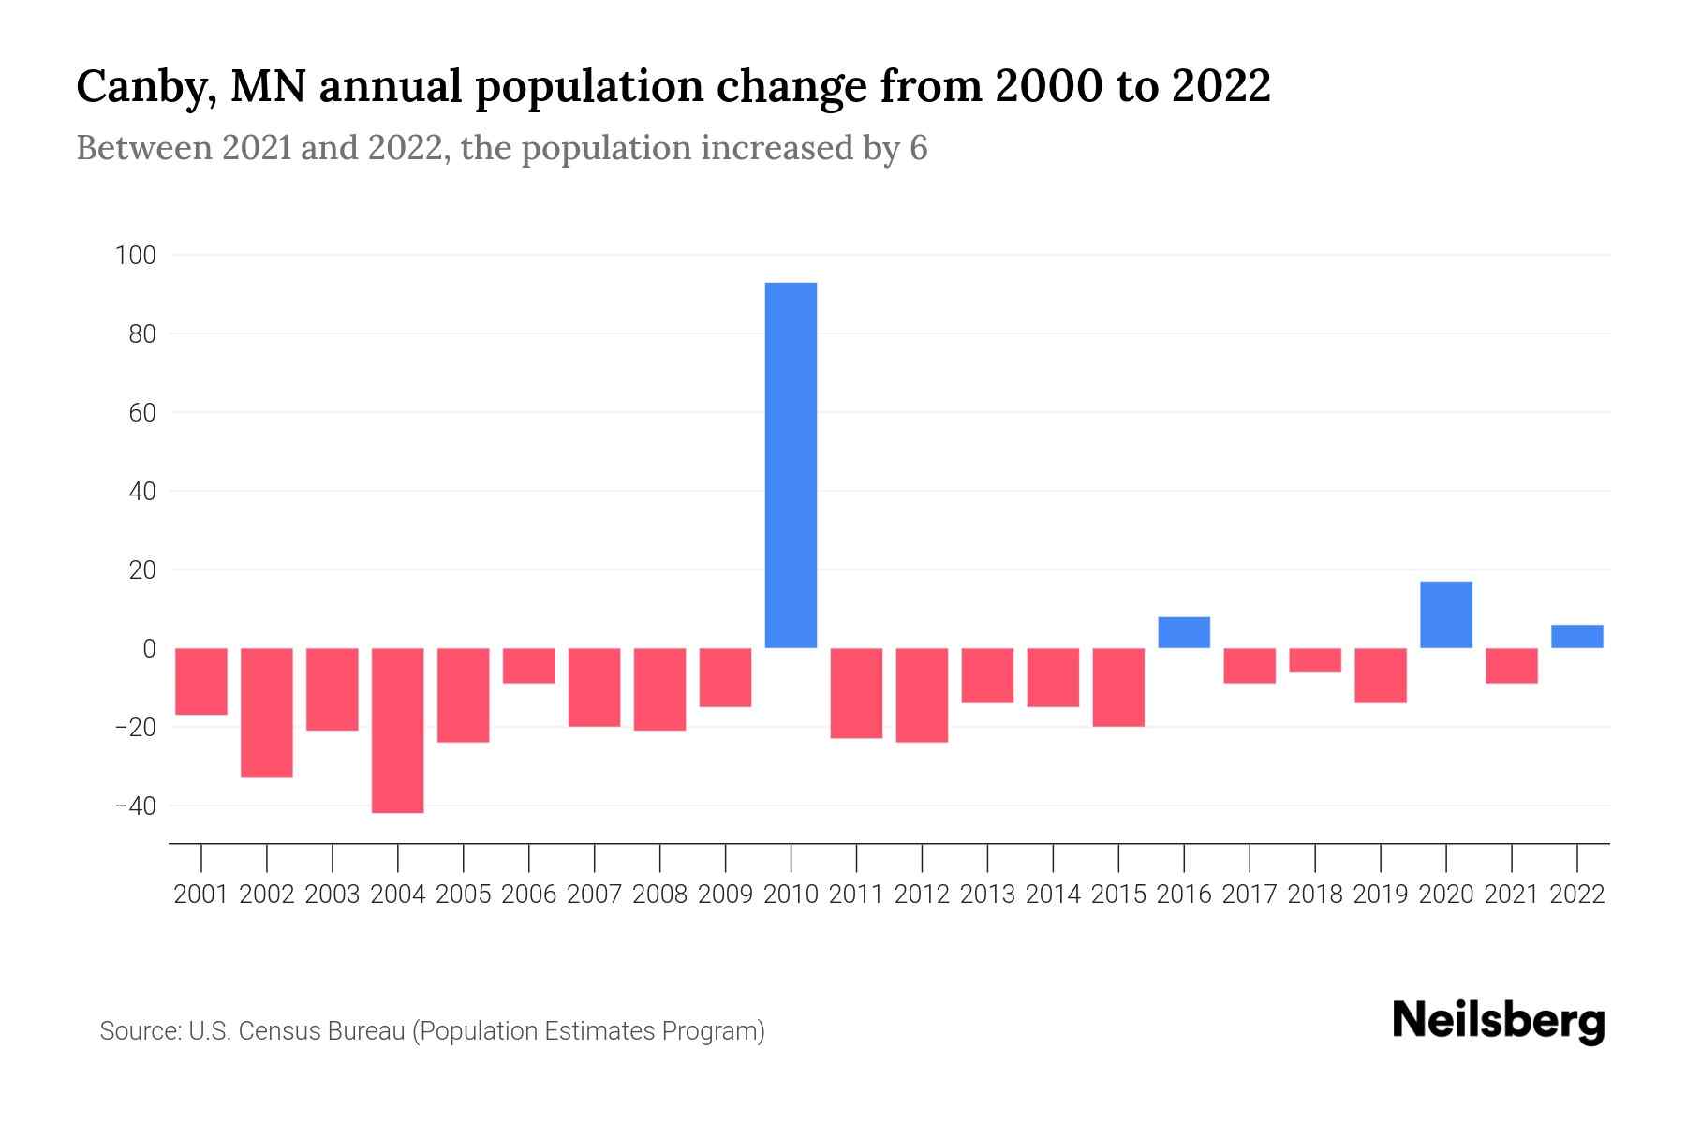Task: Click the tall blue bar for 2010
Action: pos(791,466)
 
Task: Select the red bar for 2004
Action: pos(398,731)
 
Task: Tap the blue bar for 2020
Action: pos(1445,615)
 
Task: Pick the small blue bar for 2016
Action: pos(1184,633)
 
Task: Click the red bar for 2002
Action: pos(267,713)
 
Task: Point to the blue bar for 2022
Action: pos(1576,637)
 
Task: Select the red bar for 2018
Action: pos(1315,660)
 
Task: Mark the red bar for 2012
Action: pos(922,695)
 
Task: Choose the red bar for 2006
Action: pos(529,666)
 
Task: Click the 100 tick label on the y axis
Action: pos(136,255)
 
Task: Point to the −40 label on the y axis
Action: pos(136,806)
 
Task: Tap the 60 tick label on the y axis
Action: pos(142,412)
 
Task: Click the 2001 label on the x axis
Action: pos(201,895)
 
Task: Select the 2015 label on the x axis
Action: pos(1118,895)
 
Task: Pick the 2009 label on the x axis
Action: pos(726,895)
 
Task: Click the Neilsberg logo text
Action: pos(1498,1022)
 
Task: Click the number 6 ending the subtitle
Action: pos(918,149)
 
